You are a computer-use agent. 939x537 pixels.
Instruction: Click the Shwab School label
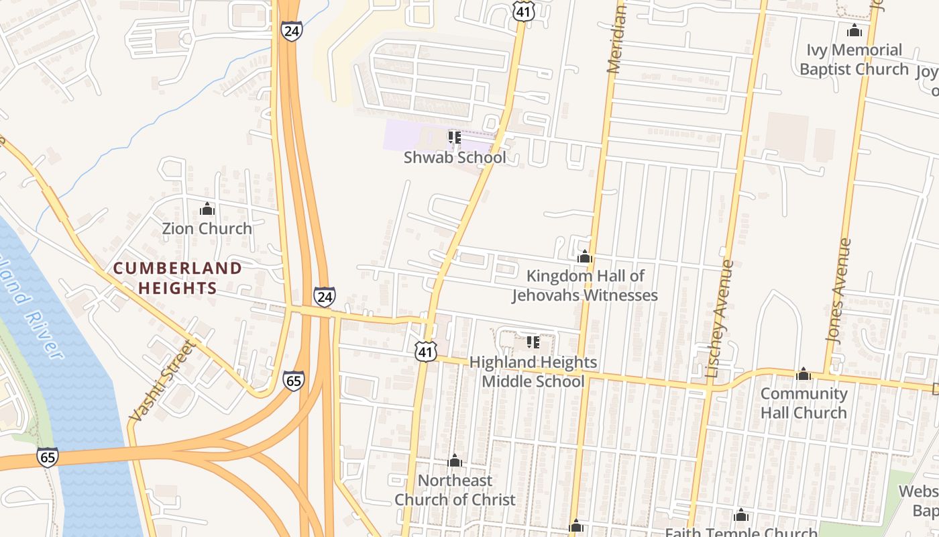pyautogui.click(x=455, y=158)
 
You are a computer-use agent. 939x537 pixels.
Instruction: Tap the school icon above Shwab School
pyautogui.click(x=455, y=138)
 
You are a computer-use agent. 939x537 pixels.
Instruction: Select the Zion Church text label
pyautogui.click(x=207, y=228)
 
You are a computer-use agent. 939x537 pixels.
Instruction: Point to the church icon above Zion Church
pyautogui.click(x=207, y=209)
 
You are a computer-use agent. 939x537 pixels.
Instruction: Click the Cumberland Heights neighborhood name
pyautogui.click(x=178, y=278)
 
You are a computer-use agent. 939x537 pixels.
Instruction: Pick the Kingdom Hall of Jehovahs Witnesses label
pyautogui.click(x=585, y=285)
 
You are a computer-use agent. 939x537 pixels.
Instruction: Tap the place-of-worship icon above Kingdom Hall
pyautogui.click(x=585, y=256)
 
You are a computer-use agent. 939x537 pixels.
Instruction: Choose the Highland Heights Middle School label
pyautogui.click(x=533, y=371)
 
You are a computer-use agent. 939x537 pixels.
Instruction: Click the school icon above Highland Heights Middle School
pyautogui.click(x=533, y=342)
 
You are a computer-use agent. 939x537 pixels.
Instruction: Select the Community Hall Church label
pyautogui.click(x=804, y=403)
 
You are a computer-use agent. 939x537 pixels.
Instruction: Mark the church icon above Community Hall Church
pyautogui.click(x=804, y=374)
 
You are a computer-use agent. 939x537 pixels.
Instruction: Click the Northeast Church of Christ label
pyautogui.click(x=455, y=490)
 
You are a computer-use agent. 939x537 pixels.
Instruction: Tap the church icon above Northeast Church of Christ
pyautogui.click(x=455, y=461)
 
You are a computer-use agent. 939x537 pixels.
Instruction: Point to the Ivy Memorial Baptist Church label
pyautogui.click(x=854, y=59)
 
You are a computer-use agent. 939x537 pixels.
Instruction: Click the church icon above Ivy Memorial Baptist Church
pyautogui.click(x=854, y=30)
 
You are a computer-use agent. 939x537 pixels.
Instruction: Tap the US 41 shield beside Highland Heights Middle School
pyautogui.click(x=426, y=351)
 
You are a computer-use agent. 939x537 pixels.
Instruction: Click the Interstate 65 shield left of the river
pyautogui.click(x=47, y=457)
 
